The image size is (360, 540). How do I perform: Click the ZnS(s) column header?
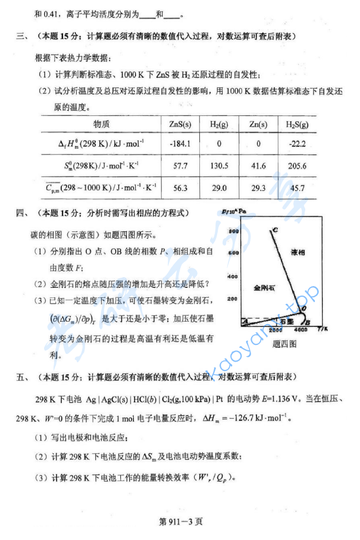coord(180,124)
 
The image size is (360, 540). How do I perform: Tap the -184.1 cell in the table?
coord(180,143)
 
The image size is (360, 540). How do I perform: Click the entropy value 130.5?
coord(219,166)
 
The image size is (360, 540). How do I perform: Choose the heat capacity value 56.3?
coord(180,189)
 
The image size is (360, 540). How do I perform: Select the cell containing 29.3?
coord(258,189)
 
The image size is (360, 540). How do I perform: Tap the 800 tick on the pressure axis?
coord(233,230)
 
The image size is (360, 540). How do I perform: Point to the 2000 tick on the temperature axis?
coord(276,330)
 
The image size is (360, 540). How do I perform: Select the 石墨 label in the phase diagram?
coord(286,321)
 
